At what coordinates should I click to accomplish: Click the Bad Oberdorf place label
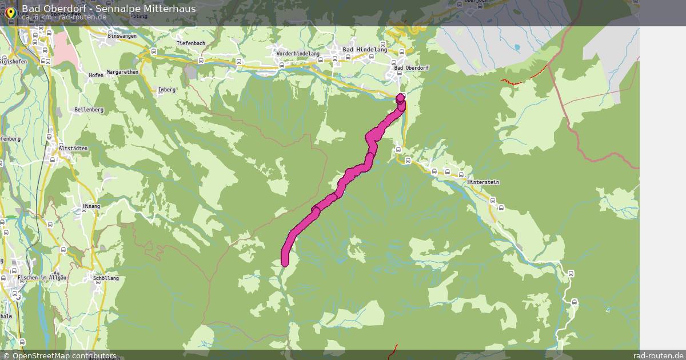(412, 68)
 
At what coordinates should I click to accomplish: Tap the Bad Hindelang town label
(365, 50)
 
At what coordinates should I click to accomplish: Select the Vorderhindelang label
(298, 53)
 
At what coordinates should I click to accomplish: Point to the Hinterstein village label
(483, 182)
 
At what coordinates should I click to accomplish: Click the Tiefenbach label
(190, 43)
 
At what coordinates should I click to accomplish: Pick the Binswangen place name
(122, 35)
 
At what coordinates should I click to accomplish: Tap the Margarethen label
(122, 73)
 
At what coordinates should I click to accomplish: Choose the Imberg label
(167, 90)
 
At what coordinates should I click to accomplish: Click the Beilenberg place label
(89, 109)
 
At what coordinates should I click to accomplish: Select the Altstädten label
(73, 149)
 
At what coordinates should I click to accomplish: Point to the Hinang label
(91, 206)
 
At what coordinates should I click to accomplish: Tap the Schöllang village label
(105, 278)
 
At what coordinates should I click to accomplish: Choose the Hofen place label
(96, 75)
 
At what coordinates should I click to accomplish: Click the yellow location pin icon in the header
(10, 12)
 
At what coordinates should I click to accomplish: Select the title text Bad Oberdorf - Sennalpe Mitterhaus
(109, 9)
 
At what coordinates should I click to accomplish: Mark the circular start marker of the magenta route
(400, 98)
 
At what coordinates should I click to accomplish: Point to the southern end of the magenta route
(285, 262)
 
